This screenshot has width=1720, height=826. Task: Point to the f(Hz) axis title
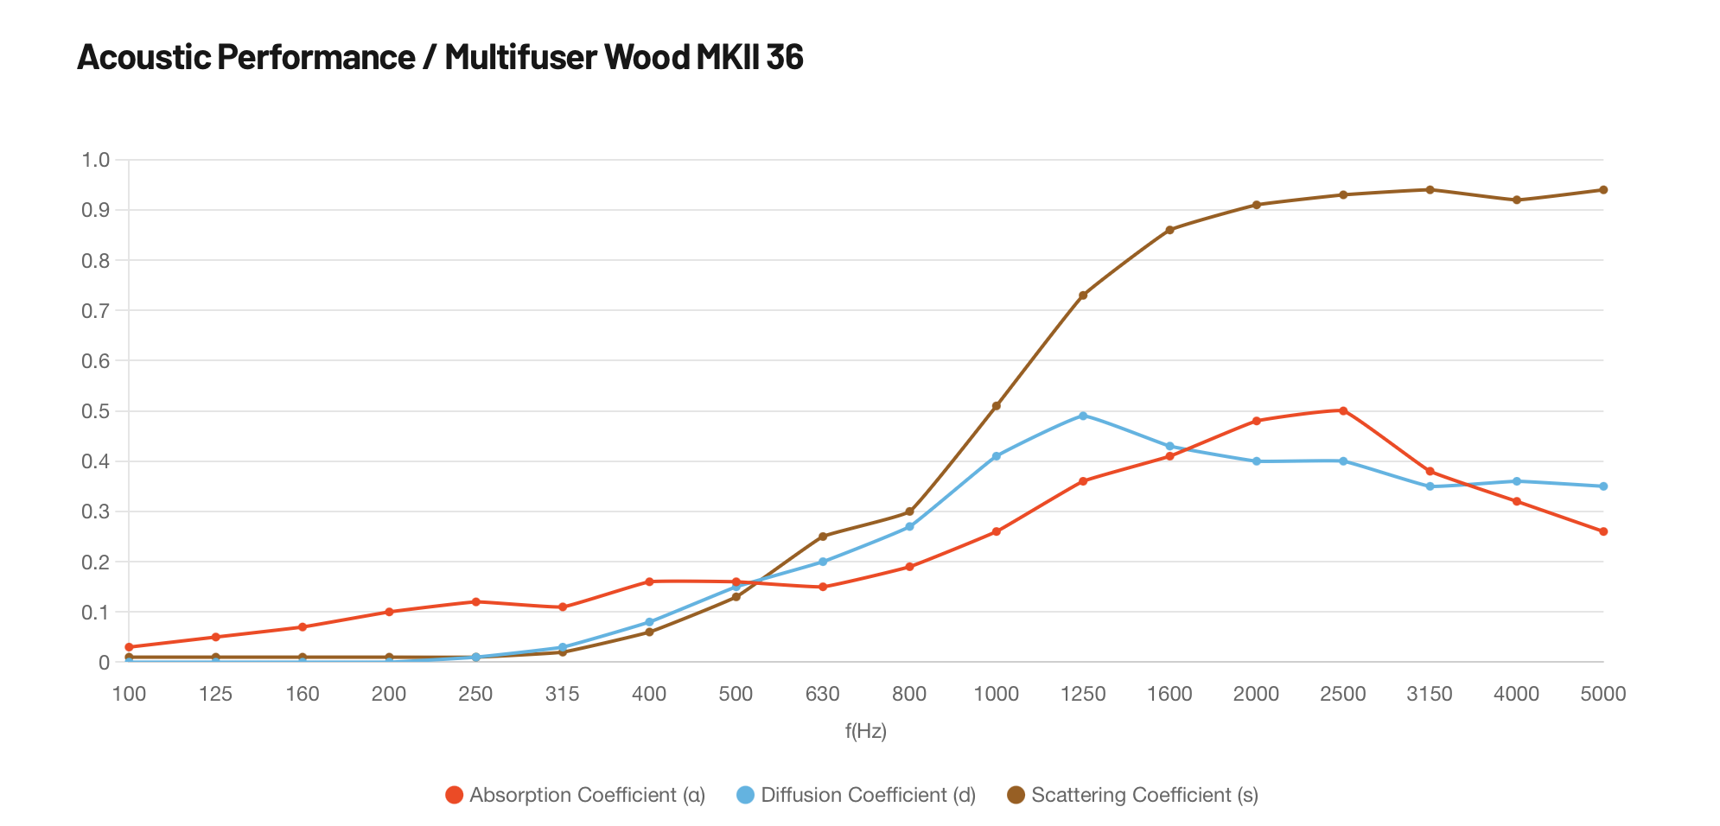click(866, 732)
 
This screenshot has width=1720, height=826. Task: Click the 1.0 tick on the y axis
click(95, 160)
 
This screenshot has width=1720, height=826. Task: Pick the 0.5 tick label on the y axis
click(95, 411)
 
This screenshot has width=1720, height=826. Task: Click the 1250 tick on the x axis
click(1083, 694)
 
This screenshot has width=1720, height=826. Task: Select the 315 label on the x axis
click(563, 694)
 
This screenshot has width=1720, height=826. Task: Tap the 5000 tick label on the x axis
click(1602, 694)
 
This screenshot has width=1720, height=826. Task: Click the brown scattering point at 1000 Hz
click(997, 405)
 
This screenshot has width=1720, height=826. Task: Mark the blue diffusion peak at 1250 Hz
click(1083, 416)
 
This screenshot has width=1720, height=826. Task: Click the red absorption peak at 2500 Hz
click(1343, 410)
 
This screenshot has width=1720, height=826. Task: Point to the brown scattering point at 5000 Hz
click(1603, 190)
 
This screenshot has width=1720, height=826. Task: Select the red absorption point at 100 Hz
click(129, 647)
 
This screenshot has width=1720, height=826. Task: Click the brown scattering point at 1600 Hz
click(1169, 230)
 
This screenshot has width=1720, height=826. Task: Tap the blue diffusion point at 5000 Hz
click(1603, 486)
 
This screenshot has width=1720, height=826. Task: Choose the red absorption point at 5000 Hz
click(1603, 531)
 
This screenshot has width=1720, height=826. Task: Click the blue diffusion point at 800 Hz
click(909, 526)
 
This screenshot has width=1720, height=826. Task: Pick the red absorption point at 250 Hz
click(475, 601)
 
